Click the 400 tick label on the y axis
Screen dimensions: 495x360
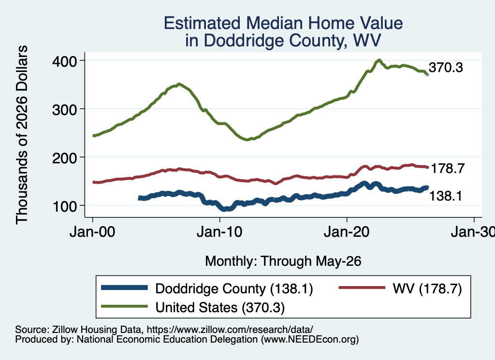[x=65, y=61]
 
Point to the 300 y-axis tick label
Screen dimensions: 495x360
[x=65, y=110]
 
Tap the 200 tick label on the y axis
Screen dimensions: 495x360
[x=65, y=158]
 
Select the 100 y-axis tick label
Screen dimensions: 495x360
[x=65, y=206]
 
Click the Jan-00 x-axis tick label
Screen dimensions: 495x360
[x=92, y=232]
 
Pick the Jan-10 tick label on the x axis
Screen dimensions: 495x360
[x=220, y=232]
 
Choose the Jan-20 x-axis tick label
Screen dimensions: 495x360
[x=347, y=232]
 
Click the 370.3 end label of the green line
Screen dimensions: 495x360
[x=446, y=68]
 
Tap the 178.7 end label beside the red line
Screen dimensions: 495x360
[x=448, y=169]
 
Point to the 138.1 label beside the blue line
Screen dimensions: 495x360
[x=446, y=196]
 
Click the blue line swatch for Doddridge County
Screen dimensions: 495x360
[x=124, y=288]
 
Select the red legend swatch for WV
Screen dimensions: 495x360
[x=362, y=288]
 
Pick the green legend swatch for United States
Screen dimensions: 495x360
[x=124, y=306]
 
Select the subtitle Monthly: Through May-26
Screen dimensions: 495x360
[x=283, y=261]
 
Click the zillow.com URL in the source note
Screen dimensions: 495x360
[x=230, y=330]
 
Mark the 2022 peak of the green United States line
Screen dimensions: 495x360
[x=379, y=60]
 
